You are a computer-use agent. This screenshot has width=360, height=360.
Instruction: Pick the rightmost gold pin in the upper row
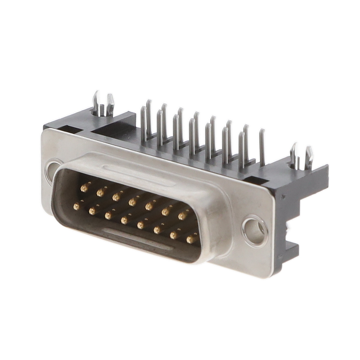182,216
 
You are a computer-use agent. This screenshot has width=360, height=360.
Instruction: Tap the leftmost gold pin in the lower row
77,206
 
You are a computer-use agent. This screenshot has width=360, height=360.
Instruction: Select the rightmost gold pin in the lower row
190,239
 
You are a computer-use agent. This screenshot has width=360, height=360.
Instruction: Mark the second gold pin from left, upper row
100,192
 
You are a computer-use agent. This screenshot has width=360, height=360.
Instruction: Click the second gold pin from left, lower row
92,211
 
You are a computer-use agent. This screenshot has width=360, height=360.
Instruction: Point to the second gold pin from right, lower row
174,235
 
